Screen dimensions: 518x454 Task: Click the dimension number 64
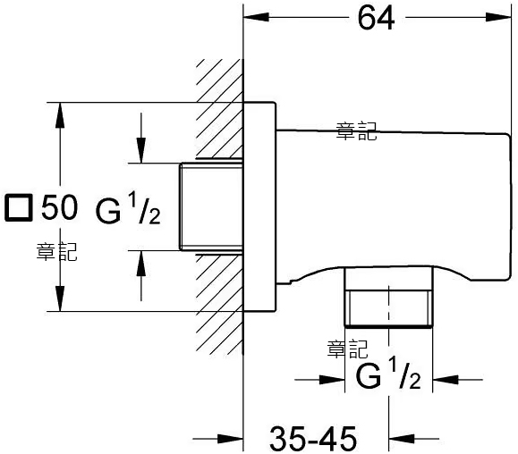pyautogui.click(x=376, y=18)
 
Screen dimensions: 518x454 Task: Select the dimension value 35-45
pyautogui.click(x=313, y=439)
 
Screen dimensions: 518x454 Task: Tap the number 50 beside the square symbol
pyautogui.click(x=60, y=207)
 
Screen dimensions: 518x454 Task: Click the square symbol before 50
pyautogui.click(x=19, y=207)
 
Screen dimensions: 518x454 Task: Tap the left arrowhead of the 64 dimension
pyautogui.click(x=256, y=17)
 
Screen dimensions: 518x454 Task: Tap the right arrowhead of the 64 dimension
pyautogui.click(x=498, y=17)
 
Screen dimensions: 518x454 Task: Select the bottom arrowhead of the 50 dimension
pyautogui.click(x=60, y=298)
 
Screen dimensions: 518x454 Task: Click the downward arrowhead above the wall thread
pyautogui.click(x=141, y=150)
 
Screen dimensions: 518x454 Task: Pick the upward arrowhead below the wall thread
pyautogui.click(x=141, y=264)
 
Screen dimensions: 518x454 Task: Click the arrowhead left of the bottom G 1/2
pyautogui.click(x=332, y=380)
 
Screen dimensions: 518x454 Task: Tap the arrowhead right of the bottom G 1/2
pyautogui.click(x=446, y=380)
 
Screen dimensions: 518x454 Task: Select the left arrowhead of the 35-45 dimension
pyautogui.click(x=231, y=439)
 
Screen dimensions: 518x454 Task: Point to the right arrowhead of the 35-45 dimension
pyautogui.click(x=402, y=439)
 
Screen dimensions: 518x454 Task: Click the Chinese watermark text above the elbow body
pyautogui.click(x=356, y=131)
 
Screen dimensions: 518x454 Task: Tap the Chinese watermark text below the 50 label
pyautogui.click(x=56, y=252)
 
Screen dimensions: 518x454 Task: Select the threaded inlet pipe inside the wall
pyautogui.click(x=211, y=206)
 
